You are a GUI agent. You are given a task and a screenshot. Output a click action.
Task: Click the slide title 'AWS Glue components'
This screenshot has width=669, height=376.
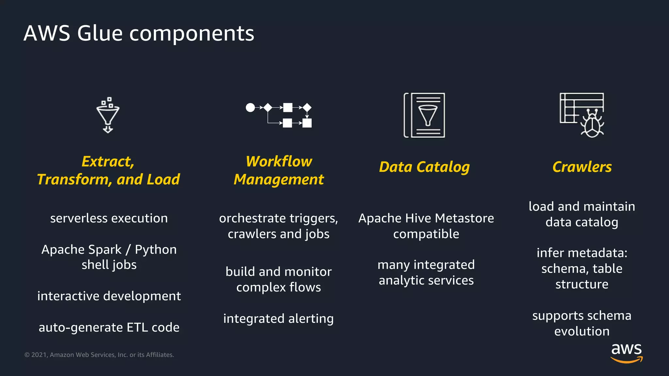(139, 33)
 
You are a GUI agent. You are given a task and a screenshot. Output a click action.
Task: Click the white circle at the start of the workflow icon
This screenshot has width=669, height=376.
(250, 107)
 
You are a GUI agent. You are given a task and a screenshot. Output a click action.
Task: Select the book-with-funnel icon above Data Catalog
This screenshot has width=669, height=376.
(424, 115)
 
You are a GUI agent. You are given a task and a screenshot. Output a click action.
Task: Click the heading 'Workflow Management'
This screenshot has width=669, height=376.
(279, 170)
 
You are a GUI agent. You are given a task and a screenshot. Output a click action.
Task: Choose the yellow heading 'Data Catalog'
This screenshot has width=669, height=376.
(424, 167)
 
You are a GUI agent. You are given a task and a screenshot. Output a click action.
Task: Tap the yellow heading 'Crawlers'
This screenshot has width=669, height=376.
(582, 167)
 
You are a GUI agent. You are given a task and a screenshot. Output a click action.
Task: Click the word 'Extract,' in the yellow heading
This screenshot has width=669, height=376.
(108, 162)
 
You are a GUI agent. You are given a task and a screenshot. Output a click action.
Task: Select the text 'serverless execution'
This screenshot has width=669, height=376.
(109, 218)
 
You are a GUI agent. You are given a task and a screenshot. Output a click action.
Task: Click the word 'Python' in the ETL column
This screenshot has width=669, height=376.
(155, 249)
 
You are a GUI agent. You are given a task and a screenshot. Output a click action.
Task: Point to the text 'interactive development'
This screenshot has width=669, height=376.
(109, 296)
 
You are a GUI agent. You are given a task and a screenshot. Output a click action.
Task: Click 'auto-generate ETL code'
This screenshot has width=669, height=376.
(109, 327)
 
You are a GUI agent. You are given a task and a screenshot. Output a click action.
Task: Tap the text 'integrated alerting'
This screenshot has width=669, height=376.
(278, 319)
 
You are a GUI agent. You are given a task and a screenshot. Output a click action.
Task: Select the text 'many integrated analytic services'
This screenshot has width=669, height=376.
(426, 272)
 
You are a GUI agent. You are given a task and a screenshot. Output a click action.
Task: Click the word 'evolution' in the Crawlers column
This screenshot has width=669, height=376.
(582, 331)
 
